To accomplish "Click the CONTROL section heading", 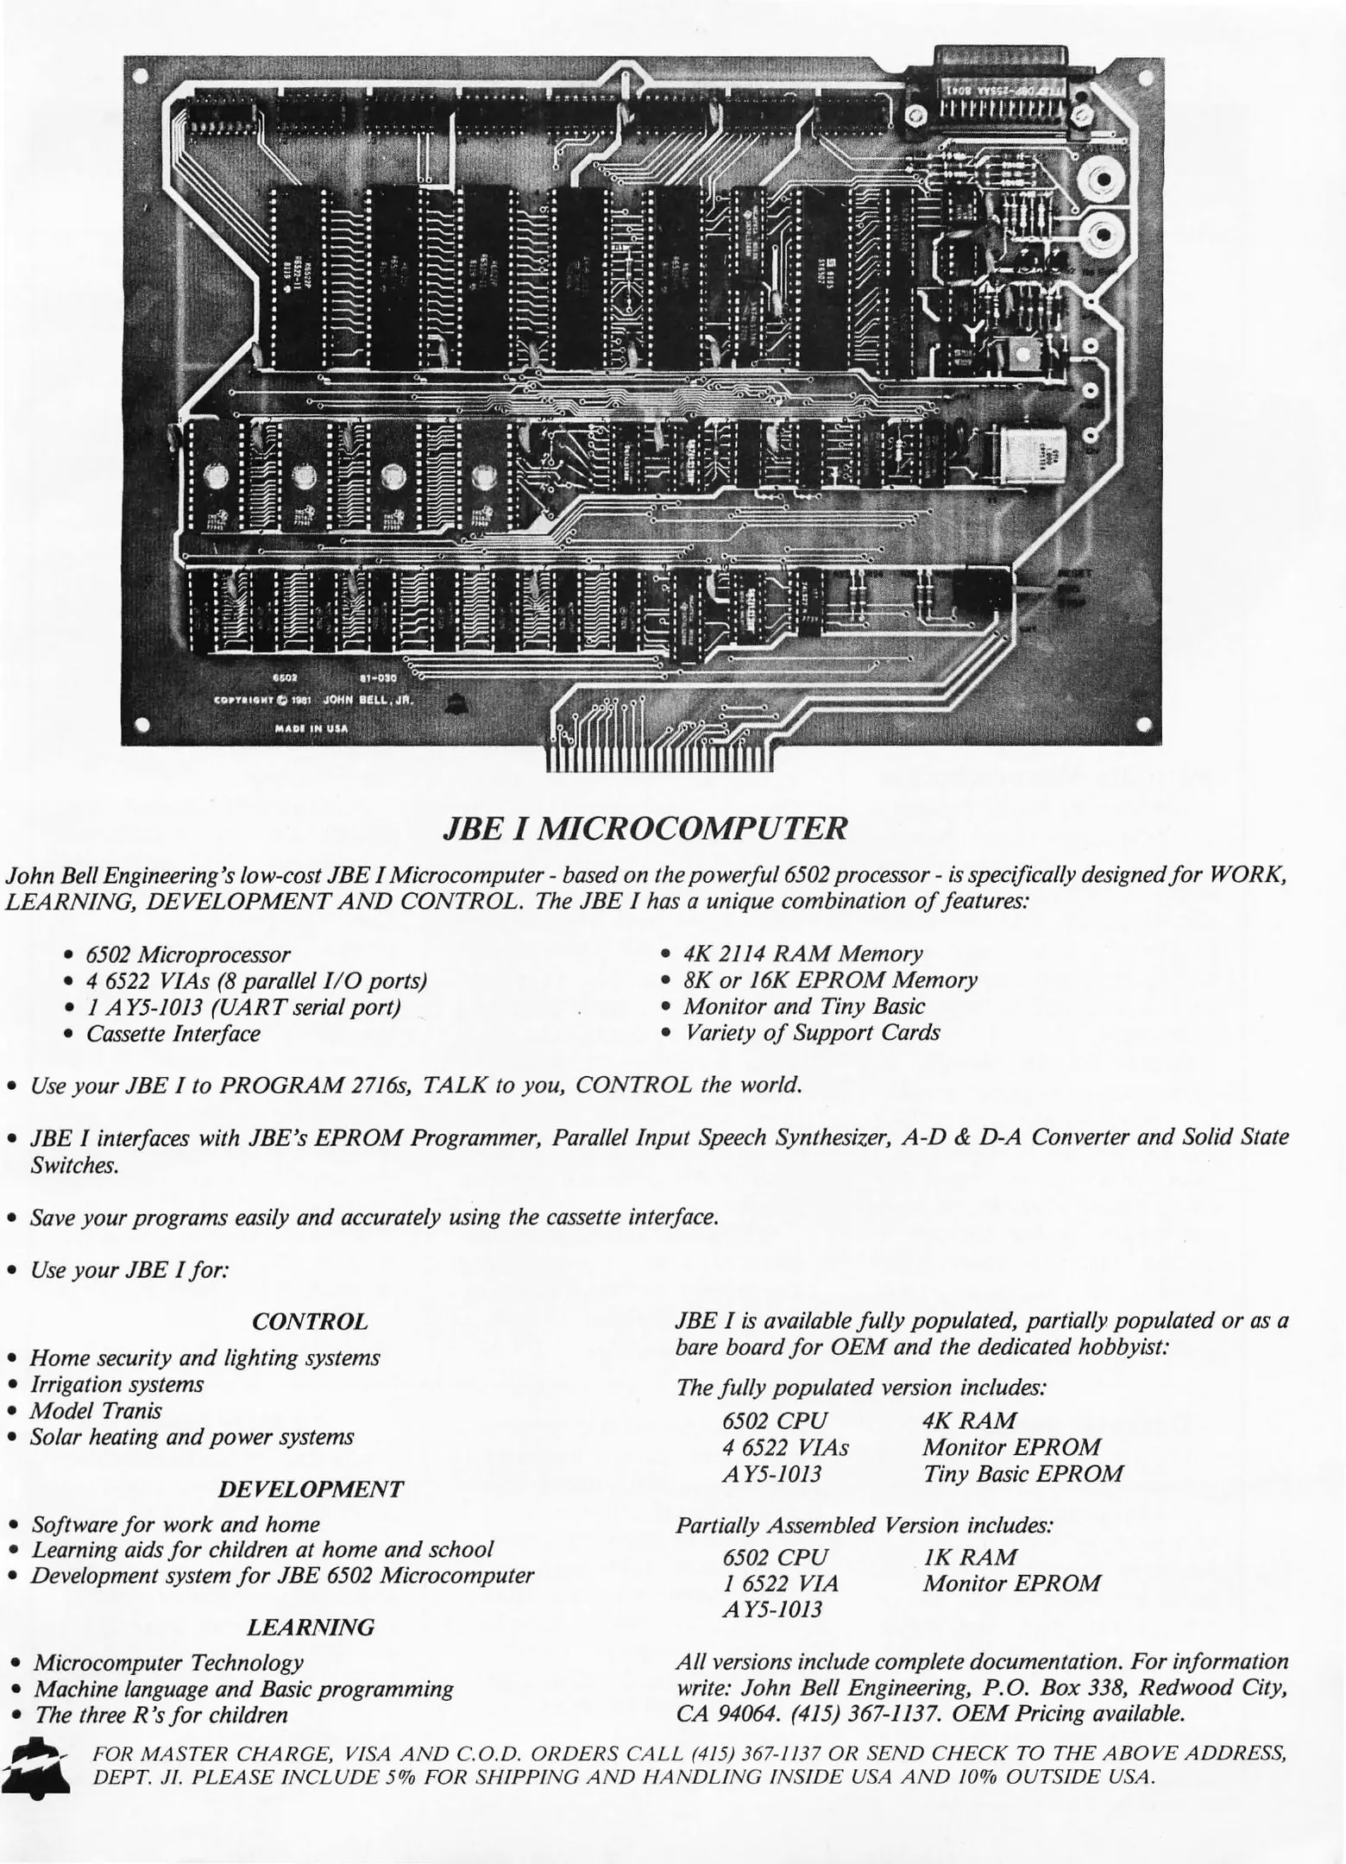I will coord(310,1321).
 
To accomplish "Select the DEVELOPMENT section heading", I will coord(310,1489).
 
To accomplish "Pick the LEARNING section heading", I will coord(311,1627).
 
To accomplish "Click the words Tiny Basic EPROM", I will coord(1023,1473).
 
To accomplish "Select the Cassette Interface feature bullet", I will coord(173,1033).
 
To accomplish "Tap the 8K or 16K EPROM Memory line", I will coord(830,979).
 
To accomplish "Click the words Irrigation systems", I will coord(117,1384).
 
